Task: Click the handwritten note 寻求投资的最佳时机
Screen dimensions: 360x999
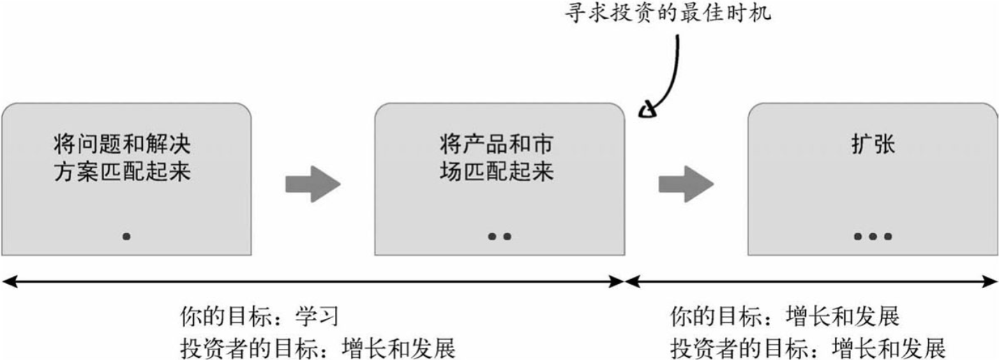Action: tap(668, 13)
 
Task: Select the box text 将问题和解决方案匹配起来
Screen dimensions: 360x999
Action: tap(121, 159)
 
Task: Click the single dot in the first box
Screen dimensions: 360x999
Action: tap(126, 237)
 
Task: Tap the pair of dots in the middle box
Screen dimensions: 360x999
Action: tap(499, 237)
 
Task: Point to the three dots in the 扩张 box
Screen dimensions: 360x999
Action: tap(873, 237)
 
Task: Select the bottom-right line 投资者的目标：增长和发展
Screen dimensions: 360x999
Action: tap(808, 347)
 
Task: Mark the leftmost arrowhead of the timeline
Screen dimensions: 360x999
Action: tap(8, 281)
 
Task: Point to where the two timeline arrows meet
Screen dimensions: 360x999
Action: tap(624, 281)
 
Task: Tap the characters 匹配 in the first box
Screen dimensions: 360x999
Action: tap(121, 172)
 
